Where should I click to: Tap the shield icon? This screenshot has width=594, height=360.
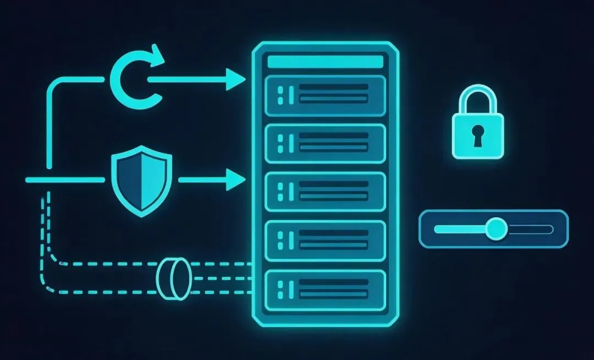(141, 180)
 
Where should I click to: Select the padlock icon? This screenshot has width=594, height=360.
(477, 124)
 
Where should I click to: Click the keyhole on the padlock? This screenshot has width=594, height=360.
(477, 135)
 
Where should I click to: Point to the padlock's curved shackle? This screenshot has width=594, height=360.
(477, 98)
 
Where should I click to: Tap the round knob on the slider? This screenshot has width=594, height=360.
(497, 228)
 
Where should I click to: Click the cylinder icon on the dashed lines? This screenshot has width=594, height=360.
(173, 277)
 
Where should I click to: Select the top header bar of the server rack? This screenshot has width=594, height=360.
(325, 62)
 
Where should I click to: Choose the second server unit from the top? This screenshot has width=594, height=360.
(325, 143)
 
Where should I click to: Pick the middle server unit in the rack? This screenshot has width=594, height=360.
(325, 190)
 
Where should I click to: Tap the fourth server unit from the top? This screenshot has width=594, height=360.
(325, 238)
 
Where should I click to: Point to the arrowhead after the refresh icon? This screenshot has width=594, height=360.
(237, 80)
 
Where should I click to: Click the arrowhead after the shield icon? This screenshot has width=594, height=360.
(237, 180)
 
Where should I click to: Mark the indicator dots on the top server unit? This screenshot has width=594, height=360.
(282, 95)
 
